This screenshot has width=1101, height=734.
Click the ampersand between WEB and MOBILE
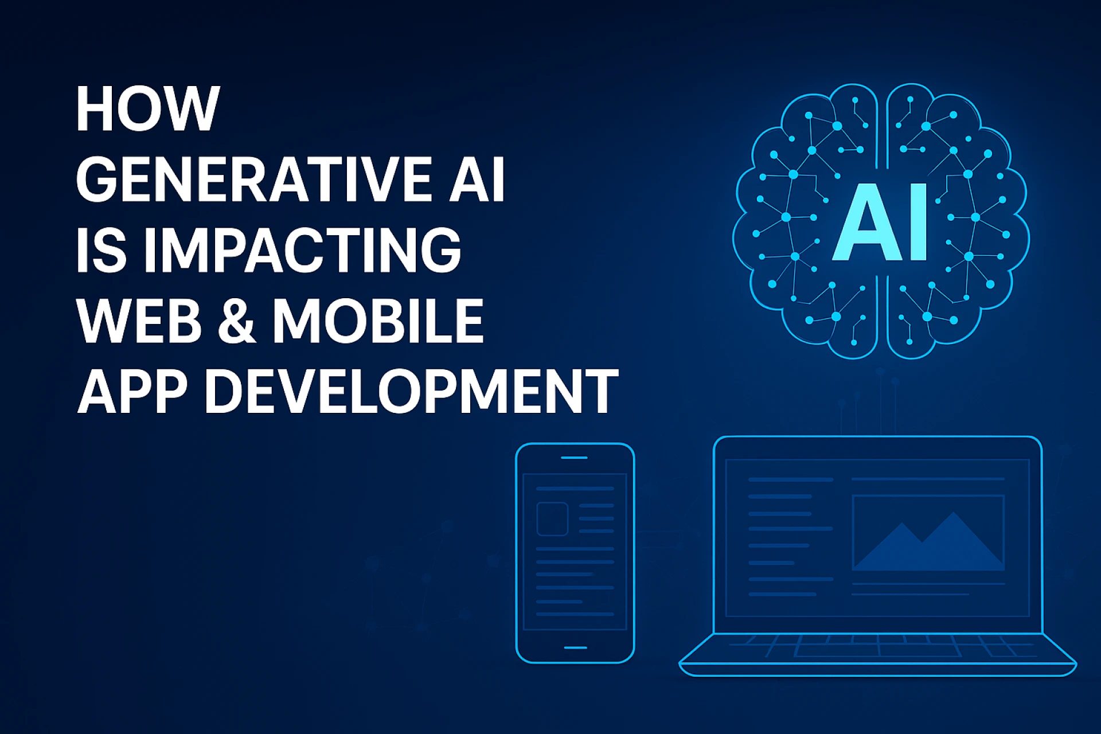pyautogui.click(x=236, y=321)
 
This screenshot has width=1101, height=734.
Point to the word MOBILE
pyautogui.click(x=378, y=321)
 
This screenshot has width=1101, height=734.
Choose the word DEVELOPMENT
pyautogui.click(x=411, y=391)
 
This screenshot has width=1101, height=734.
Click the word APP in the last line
pyautogui.click(x=132, y=391)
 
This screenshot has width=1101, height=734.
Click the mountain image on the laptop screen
pyautogui.click(x=928, y=533)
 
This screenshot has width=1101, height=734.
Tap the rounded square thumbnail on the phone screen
pyautogui.click(x=552, y=519)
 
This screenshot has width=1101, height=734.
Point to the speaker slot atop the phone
pyautogui.click(x=574, y=458)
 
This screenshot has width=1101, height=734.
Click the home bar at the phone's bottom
pyautogui.click(x=575, y=647)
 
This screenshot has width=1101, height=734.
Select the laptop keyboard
pyautogui.click(x=877, y=646)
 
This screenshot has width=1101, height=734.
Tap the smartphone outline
pyautogui.click(x=575, y=553)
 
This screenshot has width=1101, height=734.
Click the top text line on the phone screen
pyautogui.click(x=575, y=489)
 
